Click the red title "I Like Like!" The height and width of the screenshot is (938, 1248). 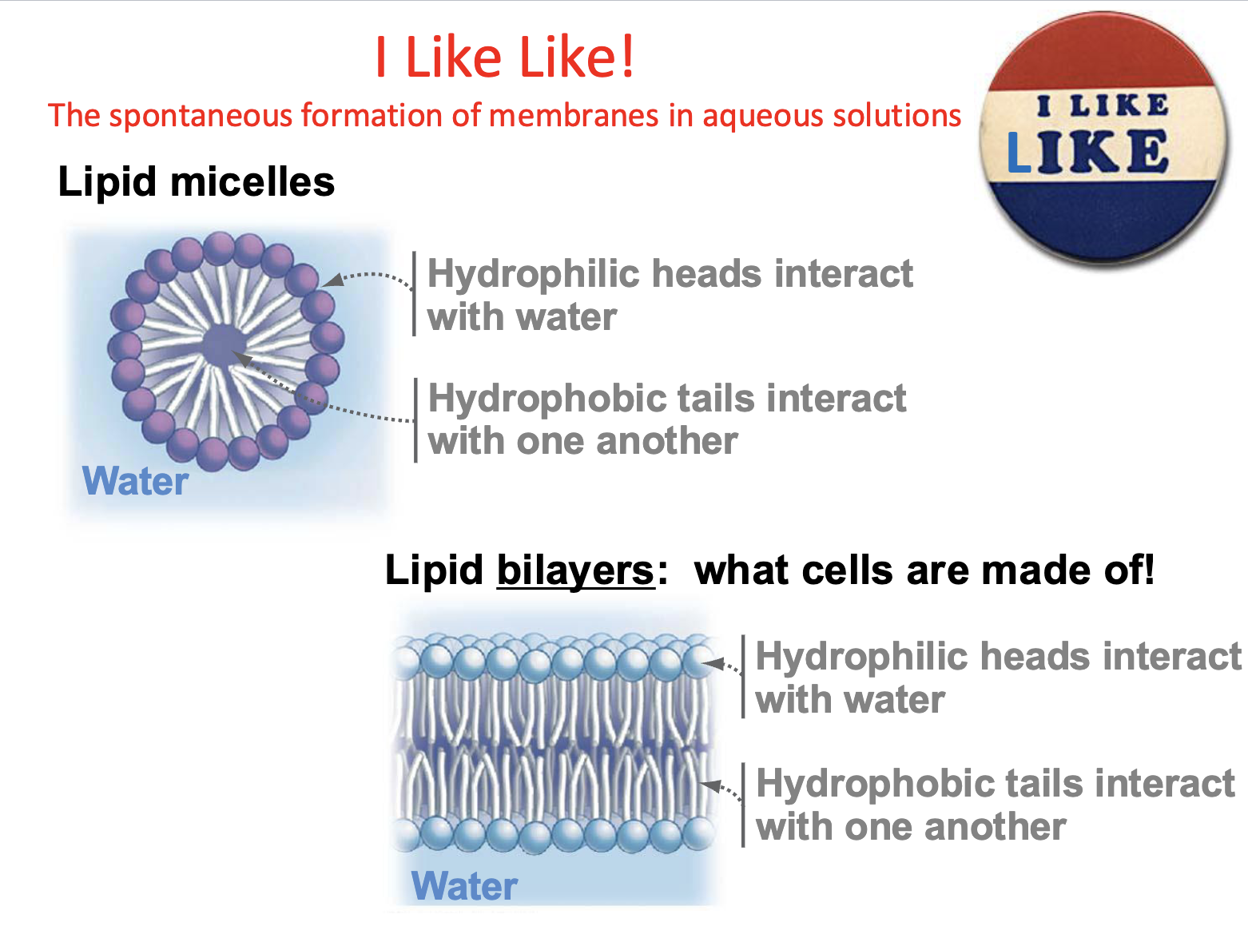(x=505, y=58)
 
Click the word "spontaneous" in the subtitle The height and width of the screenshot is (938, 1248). (x=203, y=116)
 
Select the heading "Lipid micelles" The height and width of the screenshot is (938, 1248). (x=196, y=181)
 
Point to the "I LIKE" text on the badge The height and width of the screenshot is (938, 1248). (x=1103, y=105)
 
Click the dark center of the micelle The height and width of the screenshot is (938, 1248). (x=224, y=345)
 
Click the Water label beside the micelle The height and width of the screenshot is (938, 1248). (x=136, y=481)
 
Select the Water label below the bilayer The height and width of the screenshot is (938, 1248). (x=464, y=886)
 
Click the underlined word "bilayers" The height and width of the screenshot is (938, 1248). (x=575, y=570)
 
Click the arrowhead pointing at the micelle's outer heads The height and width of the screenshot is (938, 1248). (x=333, y=280)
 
